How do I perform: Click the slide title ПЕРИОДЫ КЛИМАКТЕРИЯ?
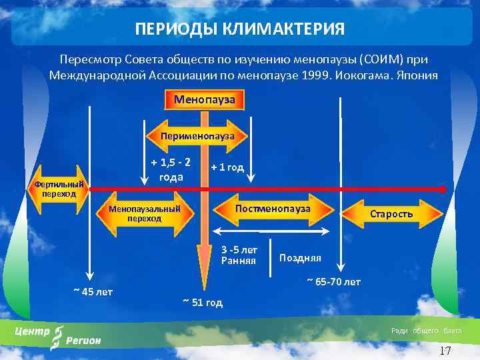click(239, 29)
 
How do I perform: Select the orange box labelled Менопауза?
click(204, 100)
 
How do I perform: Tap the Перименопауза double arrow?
click(196, 135)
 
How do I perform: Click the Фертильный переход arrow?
click(61, 189)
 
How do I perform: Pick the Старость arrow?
click(392, 214)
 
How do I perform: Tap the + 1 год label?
click(227, 167)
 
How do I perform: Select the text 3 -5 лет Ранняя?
click(239, 255)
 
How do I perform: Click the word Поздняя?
click(300, 258)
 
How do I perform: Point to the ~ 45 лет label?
click(93, 291)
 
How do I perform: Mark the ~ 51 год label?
click(203, 303)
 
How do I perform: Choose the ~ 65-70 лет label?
click(333, 281)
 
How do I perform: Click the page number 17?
click(445, 351)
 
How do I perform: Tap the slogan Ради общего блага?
click(427, 331)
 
